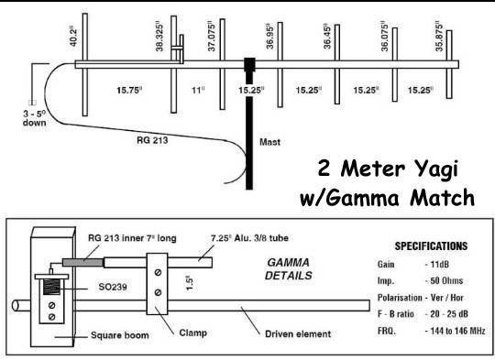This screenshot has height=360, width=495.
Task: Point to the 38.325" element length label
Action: pyautogui.click(x=160, y=32)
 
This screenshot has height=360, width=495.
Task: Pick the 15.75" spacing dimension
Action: pyautogui.click(x=125, y=90)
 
